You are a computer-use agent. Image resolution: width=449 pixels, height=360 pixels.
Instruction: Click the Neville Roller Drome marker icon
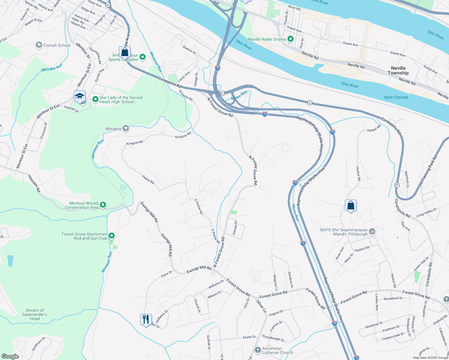coord(290,39)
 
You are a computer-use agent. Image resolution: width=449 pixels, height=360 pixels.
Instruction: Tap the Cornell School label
coord(57,45)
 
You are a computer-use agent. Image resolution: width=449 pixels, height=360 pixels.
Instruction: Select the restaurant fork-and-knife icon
coord(146,319)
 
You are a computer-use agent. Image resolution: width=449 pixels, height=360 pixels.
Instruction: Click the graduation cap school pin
coord(80,96)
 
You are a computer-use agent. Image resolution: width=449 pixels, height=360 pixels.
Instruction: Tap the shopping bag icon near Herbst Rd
coord(351,205)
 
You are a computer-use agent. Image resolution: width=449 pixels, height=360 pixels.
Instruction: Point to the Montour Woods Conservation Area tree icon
coord(103,205)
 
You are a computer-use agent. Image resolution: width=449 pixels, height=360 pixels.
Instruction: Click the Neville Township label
coord(398,70)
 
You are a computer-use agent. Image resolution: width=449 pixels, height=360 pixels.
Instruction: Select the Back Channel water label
coord(396,97)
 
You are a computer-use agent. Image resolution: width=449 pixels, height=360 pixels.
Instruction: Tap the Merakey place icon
coord(126,129)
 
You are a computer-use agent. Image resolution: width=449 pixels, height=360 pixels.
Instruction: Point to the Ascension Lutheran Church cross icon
coord(258,350)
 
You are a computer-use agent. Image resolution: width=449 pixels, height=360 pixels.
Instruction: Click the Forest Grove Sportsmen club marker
coord(112,236)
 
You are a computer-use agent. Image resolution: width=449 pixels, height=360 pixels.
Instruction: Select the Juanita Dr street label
coord(235,228)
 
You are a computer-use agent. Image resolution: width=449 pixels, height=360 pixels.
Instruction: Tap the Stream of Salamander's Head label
coord(35,314)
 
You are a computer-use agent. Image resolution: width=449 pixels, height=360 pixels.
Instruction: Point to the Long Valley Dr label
coord(426,213)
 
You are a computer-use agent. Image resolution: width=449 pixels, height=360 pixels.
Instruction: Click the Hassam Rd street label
coord(34,183)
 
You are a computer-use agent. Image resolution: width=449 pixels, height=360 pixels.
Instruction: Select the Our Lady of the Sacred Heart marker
coord(95,99)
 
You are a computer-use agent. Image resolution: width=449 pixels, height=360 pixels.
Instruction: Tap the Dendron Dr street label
coord(290,280)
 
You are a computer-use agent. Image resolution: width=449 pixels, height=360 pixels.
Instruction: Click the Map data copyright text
coord(430,358)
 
